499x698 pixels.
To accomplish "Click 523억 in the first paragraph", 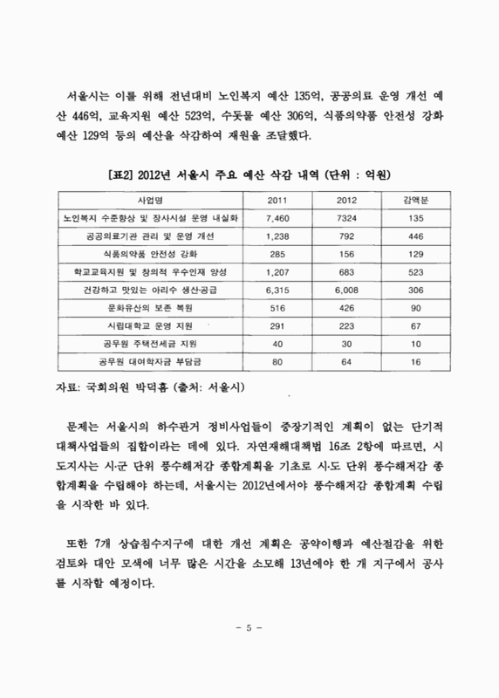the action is pos(196,114).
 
